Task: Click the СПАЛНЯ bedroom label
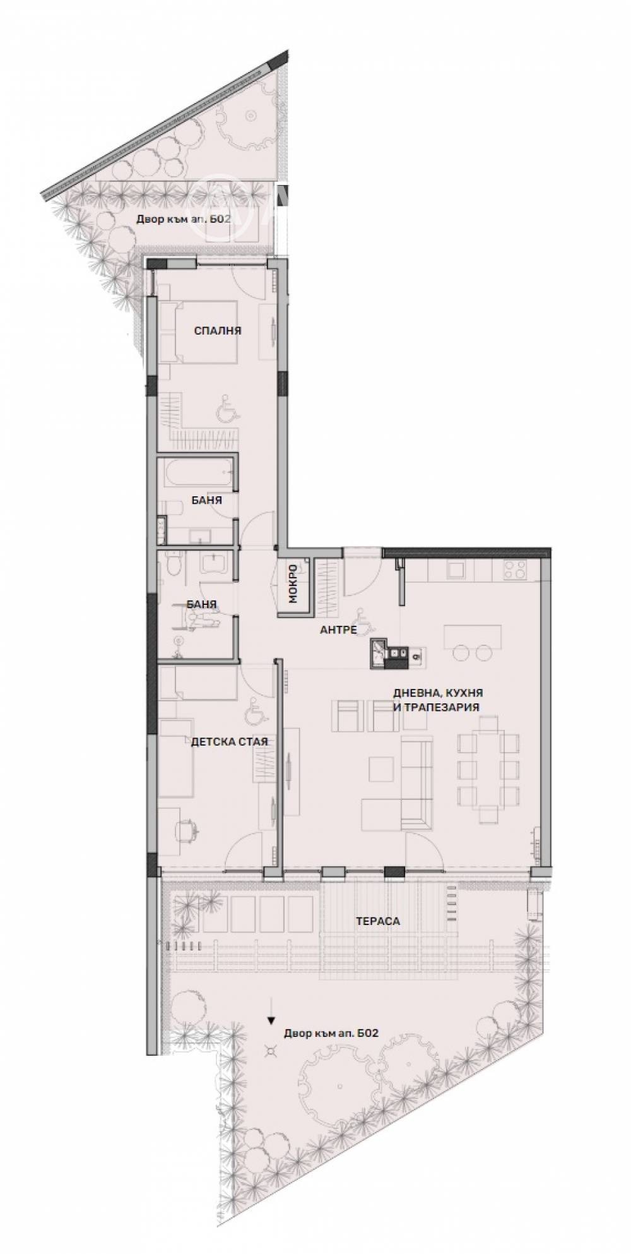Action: tap(218, 331)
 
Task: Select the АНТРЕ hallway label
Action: tap(338, 630)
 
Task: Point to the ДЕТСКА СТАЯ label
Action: tap(230, 741)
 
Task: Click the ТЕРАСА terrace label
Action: tap(377, 921)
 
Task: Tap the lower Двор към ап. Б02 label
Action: tap(331, 1034)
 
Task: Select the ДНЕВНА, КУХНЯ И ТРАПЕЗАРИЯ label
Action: tap(435, 700)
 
